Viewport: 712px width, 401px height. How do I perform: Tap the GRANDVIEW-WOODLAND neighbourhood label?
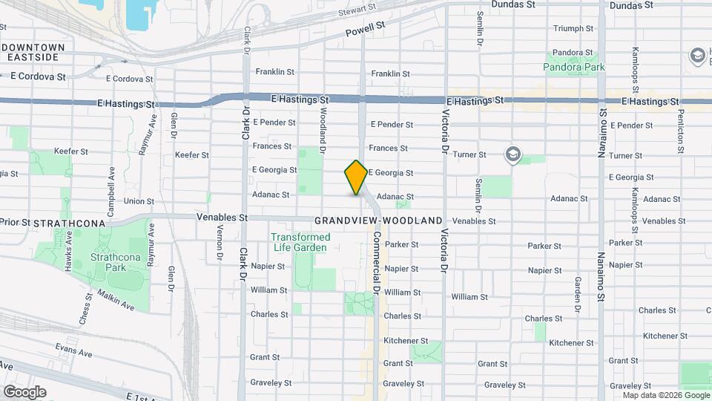coord(378,221)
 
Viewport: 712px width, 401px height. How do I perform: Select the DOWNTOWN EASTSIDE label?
coord(33,52)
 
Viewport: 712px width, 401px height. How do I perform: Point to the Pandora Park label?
coord(574,68)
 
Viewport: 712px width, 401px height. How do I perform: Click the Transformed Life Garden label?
coord(300,242)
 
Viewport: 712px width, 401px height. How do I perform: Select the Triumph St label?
coord(573,29)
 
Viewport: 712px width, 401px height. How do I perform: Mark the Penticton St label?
coord(680,131)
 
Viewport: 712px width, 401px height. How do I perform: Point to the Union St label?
coord(139,201)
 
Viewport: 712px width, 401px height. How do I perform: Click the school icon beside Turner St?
coord(512,154)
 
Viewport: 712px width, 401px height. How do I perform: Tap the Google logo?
coord(24,391)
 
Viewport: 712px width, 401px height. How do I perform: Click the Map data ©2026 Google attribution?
coord(665,395)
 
